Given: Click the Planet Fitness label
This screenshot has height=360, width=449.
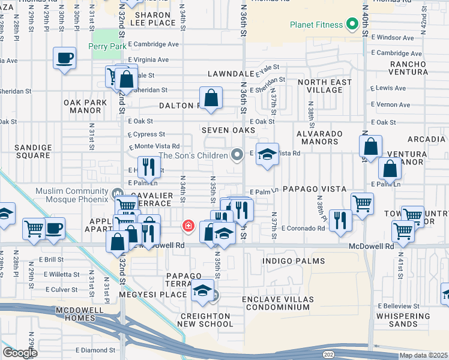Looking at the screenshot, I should coord(316,25).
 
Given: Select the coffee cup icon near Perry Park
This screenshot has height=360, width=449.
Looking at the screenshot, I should coord(64,58).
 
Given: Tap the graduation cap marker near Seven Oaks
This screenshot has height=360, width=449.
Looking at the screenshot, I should coord(268,155).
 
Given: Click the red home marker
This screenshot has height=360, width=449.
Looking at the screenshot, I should coord(188,226).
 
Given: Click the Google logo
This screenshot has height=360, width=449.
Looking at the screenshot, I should coord(20,352).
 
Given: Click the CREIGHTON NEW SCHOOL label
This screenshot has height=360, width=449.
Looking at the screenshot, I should coord(205,320).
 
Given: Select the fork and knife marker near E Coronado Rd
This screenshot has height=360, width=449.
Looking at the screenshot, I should coord(339,219).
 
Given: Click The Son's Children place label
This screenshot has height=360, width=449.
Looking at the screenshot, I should coord(192,155).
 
